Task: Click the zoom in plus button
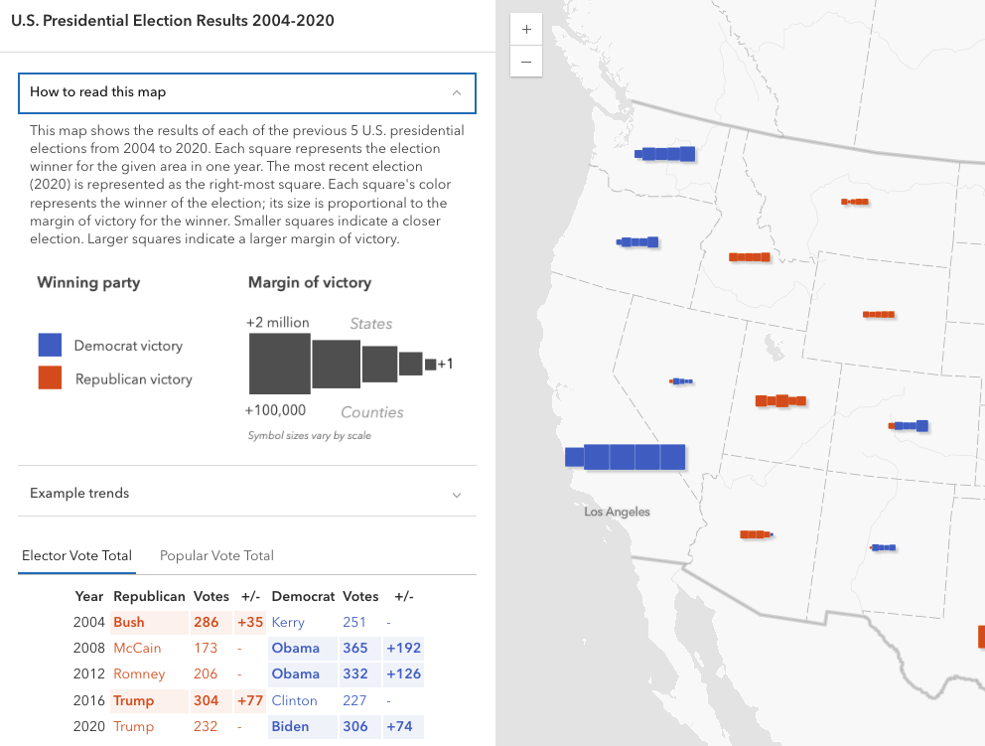(x=525, y=30)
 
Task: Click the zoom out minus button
(x=525, y=62)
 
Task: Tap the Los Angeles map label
(x=617, y=512)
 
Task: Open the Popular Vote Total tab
(x=216, y=556)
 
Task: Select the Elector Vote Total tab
(x=76, y=556)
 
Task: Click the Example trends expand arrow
(x=457, y=494)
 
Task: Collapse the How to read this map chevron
(x=457, y=92)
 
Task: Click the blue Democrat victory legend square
(x=51, y=346)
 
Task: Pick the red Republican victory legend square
(x=51, y=378)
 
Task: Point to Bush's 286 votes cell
(x=207, y=623)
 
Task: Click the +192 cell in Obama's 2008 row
(x=403, y=649)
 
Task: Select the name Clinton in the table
(x=294, y=700)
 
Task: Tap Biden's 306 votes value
(x=354, y=726)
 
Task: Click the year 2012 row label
(x=88, y=674)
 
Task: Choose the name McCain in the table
(x=137, y=649)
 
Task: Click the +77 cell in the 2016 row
(x=249, y=700)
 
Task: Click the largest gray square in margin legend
(x=279, y=364)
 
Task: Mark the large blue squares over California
(x=633, y=457)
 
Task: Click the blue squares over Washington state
(x=665, y=154)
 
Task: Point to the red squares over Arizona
(x=756, y=534)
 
